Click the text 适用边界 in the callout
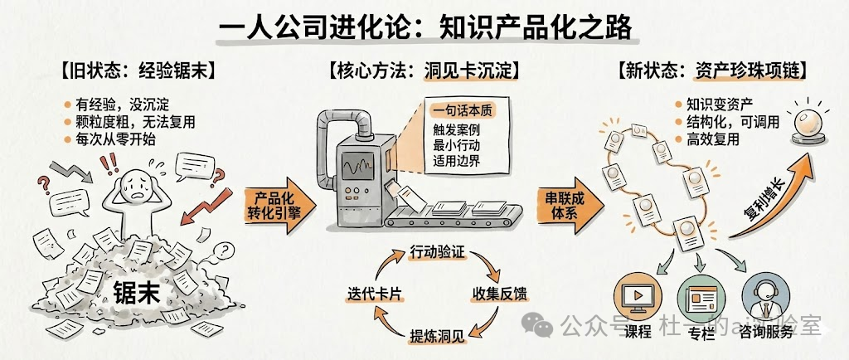coord(456,161)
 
